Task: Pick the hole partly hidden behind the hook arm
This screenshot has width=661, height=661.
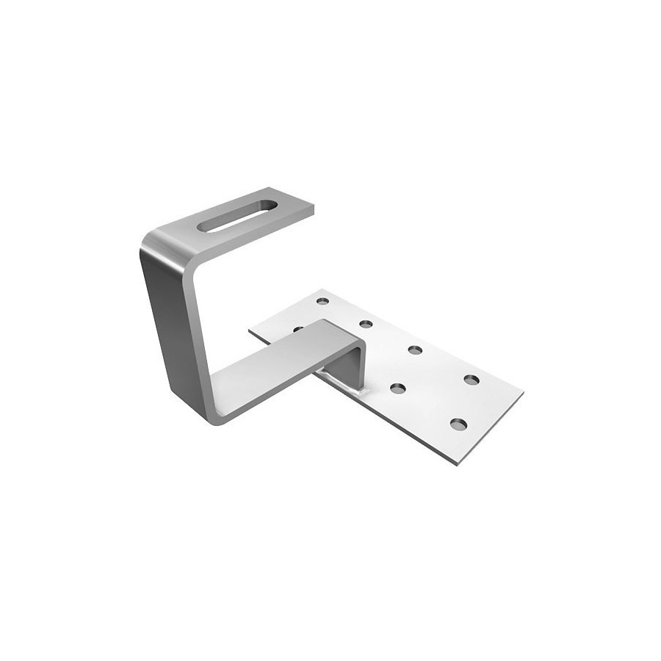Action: click(x=297, y=329)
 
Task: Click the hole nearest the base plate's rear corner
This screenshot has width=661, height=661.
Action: click(x=322, y=300)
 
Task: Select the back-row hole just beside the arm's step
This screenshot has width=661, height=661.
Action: click(x=365, y=323)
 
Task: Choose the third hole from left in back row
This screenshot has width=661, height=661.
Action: click(x=415, y=349)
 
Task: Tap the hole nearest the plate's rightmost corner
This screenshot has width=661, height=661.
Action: click(x=472, y=380)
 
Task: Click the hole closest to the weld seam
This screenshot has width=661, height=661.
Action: click(x=398, y=388)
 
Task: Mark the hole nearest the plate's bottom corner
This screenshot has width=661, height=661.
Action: click(x=458, y=424)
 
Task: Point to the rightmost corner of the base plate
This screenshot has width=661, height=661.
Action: click(x=522, y=393)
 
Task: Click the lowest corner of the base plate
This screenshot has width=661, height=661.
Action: click(x=460, y=466)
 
